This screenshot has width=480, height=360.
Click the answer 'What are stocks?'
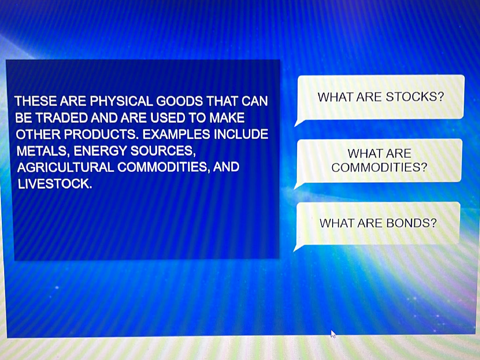[x=380, y=97]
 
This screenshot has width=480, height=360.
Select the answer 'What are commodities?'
[x=379, y=160]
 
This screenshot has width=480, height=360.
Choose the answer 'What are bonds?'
[x=378, y=223]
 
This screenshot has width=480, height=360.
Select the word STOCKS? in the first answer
[x=415, y=97]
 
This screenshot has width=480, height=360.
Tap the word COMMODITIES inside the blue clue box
[x=164, y=167]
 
